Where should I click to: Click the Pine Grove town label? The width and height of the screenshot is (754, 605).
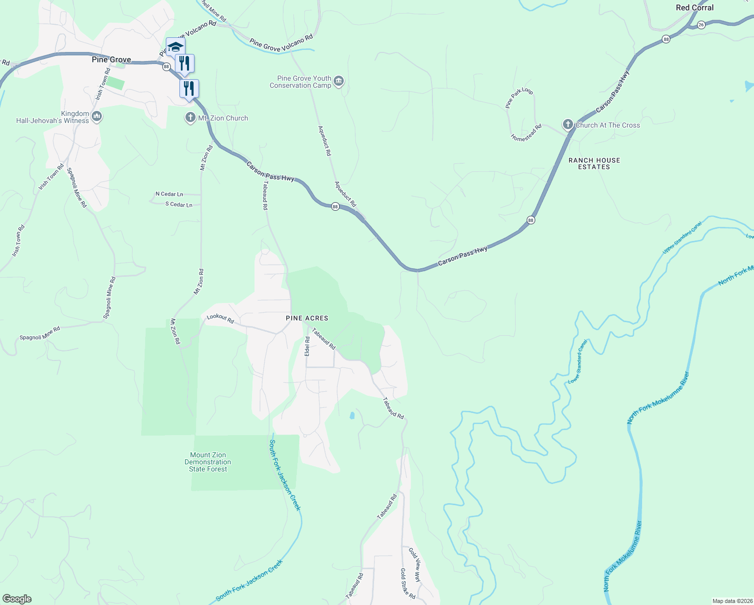pos(111,59)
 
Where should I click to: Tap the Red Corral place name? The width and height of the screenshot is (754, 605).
pos(695,8)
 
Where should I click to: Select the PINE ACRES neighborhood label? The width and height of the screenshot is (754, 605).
pos(307,318)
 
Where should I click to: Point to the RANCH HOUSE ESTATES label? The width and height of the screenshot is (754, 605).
pos(594,163)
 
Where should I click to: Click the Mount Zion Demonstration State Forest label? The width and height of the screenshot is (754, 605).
pos(208,462)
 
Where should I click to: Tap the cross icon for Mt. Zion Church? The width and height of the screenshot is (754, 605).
pos(190,118)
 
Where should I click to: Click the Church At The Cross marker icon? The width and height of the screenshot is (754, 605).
pos(568,125)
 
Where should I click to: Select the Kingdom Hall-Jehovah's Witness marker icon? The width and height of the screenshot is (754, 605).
pos(97,117)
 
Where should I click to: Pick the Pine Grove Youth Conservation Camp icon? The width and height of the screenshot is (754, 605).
pos(339,81)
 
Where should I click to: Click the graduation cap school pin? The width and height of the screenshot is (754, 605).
pos(175,47)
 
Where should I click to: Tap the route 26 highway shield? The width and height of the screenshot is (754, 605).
pos(701,25)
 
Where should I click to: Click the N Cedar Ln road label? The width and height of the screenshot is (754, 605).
pos(169,194)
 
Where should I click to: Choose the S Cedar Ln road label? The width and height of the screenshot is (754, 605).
pos(179,205)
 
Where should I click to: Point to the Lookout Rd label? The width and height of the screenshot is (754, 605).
pos(220,319)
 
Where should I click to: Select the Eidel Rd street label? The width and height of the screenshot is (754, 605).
pos(307,347)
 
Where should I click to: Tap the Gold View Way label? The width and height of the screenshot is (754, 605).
pos(414,565)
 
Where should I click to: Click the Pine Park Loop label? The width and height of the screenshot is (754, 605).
pos(519,98)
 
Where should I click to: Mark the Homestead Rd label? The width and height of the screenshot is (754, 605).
pos(526,133)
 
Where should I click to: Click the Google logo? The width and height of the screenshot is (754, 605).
pos(17,599)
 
